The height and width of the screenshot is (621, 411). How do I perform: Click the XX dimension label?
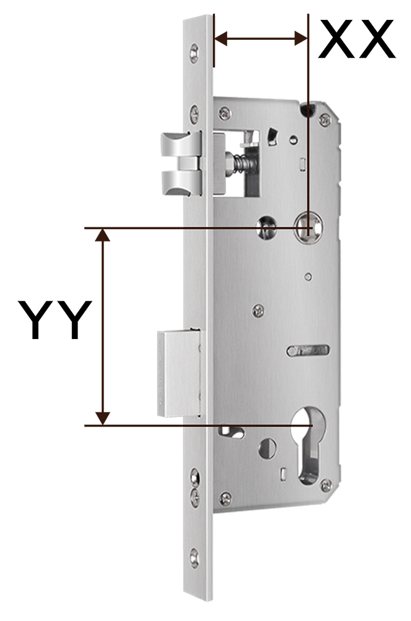[357, 39]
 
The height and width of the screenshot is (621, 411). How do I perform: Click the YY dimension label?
[55, 320]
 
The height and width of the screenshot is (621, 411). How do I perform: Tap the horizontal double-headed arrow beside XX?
[261, 39]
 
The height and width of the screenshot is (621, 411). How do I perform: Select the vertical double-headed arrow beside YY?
[103, 327]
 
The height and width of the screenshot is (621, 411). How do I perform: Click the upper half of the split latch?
[181, 145]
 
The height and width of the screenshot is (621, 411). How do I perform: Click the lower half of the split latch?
[181, 183]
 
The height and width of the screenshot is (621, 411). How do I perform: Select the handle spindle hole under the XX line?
[308, 228]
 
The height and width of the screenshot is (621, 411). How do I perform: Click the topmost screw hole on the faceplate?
[194, 53]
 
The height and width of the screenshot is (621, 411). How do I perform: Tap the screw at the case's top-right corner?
[325, 119]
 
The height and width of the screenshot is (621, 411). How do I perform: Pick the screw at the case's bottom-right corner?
[326, 485]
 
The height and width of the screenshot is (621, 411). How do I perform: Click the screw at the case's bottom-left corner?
[226, 498]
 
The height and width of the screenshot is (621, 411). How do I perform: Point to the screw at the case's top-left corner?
[225, 113]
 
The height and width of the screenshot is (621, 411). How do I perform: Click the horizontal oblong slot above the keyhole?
[308, 350]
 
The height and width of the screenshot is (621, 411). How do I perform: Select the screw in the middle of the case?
[258, 311]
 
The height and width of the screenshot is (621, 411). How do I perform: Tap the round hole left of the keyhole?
[268, 448]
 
